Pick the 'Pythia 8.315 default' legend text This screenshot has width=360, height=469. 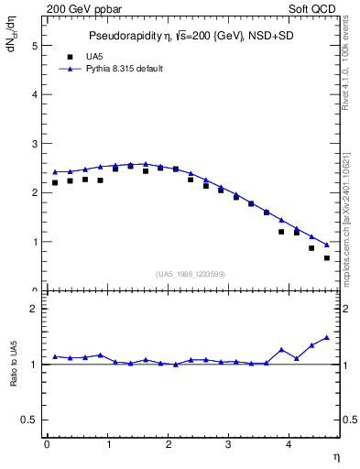(x=125, y=69)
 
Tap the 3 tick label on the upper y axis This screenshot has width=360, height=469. (x=33, y=144)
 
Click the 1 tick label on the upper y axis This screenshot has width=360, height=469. (x=33, y=242)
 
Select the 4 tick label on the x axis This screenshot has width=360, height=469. (x=289, y=445)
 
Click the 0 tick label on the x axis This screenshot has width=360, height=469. (x=47, y=445)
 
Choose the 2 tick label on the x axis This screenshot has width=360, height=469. (x=169, y=445)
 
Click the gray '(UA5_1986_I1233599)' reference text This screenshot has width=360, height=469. (x=192, y=274)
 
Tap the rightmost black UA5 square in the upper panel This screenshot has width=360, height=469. (x=327, y=257)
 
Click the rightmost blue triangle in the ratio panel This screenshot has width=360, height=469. (x=327, y=337)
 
